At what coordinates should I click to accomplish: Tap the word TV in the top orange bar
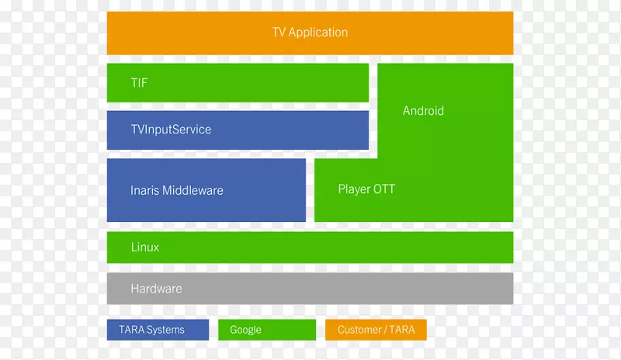[x=279, y=33]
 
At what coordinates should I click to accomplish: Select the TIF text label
[x=139, y=82]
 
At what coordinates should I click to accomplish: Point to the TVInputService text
[x=171, y=130]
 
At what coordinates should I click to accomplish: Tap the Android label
[x=423, y=111]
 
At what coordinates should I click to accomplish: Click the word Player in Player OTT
[x=355, y=189]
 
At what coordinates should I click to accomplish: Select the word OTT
[x=383, y=189]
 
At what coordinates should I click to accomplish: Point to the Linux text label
[x=145, y=247]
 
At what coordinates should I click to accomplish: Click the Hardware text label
[x=156, y=289]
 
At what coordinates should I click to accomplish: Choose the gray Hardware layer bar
[x=349, y=289]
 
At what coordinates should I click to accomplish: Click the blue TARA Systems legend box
[x=158, y=330]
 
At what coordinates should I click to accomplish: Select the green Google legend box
[x=267, y=330]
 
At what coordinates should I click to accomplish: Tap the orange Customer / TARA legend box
[x=376, y=330]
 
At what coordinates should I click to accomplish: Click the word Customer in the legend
[x=359, y=330]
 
